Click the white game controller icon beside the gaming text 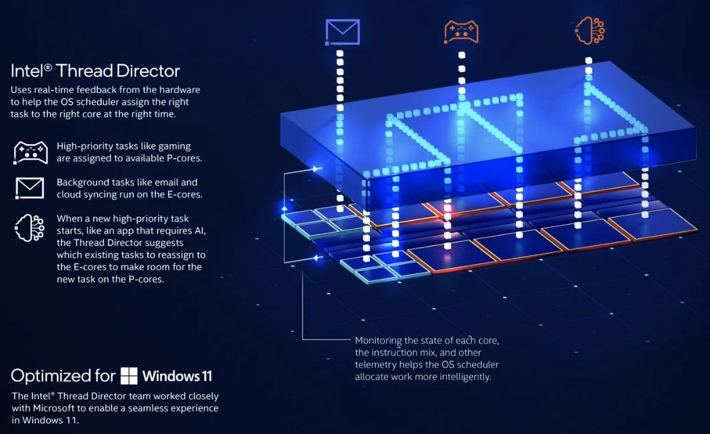(30, 153)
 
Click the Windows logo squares (129, 376)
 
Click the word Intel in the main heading (27, 72)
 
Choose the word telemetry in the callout (402, 364)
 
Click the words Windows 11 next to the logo (177, 376)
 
